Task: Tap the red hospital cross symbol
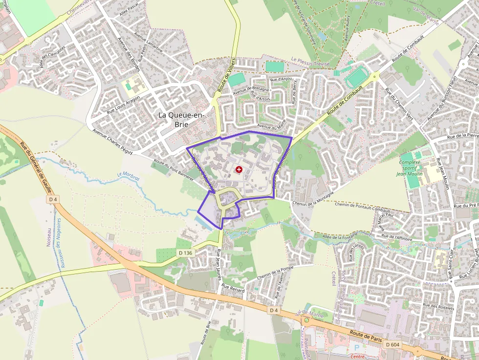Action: [239, 169]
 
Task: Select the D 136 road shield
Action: [186, 253]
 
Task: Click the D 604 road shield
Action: [392, 344]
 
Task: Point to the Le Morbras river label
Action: [129, 176]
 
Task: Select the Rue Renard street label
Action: [233, 288]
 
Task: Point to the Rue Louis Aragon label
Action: [123, 105]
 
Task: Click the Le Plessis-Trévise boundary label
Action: [310, 63]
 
